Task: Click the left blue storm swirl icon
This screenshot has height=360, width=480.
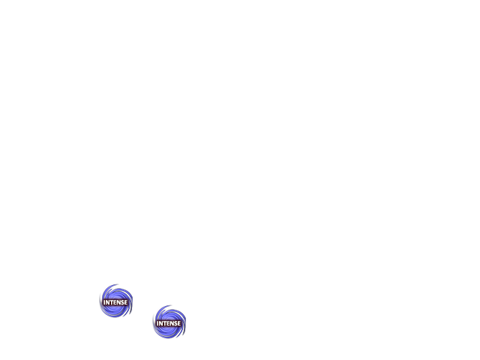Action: (x=116, y=301)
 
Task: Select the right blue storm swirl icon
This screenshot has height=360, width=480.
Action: (x=169, y=322)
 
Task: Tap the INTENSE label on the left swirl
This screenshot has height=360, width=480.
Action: (x=115, y=302)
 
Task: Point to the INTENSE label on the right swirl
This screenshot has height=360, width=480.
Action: (x=169, y=323)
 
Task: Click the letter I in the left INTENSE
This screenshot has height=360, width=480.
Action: (x=104, y=302)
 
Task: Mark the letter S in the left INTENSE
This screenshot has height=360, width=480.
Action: (x=122, y=302)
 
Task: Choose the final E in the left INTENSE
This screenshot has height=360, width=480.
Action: (x=126, y=302)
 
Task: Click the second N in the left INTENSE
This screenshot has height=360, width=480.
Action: (x=118, y=302)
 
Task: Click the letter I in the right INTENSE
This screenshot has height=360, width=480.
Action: (x=157, y=323)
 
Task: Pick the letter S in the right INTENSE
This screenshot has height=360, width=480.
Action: (x=175, y=323)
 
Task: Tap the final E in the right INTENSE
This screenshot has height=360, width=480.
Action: (x=179, y=323)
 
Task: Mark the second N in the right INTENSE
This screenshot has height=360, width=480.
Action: (x=172, y=323)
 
